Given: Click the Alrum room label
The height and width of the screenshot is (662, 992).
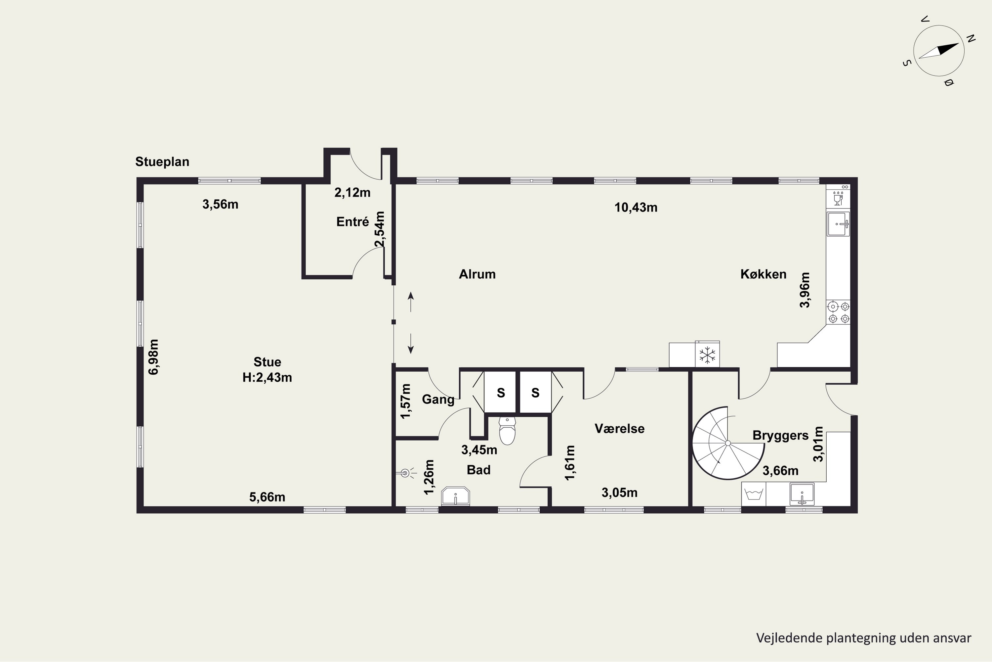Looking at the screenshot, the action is pyautogui.click(x=477, y=274).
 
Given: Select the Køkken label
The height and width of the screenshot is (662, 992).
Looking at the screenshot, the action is pyautogui.click(x=764, y=274).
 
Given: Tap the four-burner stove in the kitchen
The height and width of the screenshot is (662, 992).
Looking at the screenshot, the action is pyautogui.click(x=838, y=312).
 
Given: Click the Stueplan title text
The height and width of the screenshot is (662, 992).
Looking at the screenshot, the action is pyautogui.click(x=162, y=162).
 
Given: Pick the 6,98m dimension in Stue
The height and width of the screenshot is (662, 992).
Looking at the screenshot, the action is pyautogui.click(x=153, y=357).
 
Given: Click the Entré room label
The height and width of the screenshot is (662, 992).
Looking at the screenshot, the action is pyautogui.click(x=352, y=222).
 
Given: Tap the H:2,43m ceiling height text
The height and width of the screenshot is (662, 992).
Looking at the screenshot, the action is pyautogui.click(x=267, y=377).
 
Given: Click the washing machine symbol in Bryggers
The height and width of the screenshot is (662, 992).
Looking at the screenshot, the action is pyautogui.click(x=754, y=494).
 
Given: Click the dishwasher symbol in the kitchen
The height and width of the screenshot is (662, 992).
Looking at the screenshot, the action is pyautogui.click(x=838, y=198).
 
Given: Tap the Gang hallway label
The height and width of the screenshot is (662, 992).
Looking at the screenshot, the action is pyautogui.click(x=438, y=400).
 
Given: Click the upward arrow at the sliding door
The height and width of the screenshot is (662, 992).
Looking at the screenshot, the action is pyautogui.click(x=411, y=302).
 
